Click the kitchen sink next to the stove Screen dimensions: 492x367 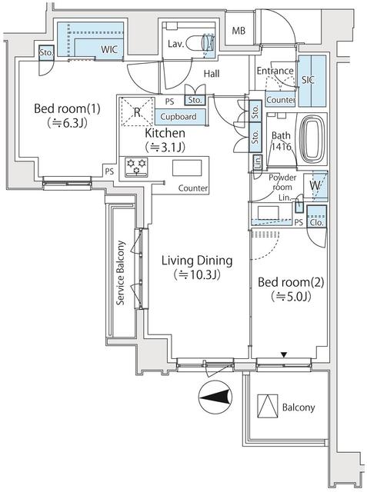pyautogui.click(x=188, y=168)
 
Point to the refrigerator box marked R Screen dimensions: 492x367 pyautogui.click(x=137, y=112)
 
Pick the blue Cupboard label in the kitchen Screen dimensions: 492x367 pyautogui.click(x=178, y=117)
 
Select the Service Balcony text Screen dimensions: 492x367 pyautogui.click(x=121, y=274)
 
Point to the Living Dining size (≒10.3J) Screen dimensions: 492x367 pyautogui.click(x=196, y=274)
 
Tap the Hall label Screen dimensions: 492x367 pyautogui.click(x=212, y=74)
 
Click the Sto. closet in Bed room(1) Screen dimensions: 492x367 pyautogui.click(x=47, y=53)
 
